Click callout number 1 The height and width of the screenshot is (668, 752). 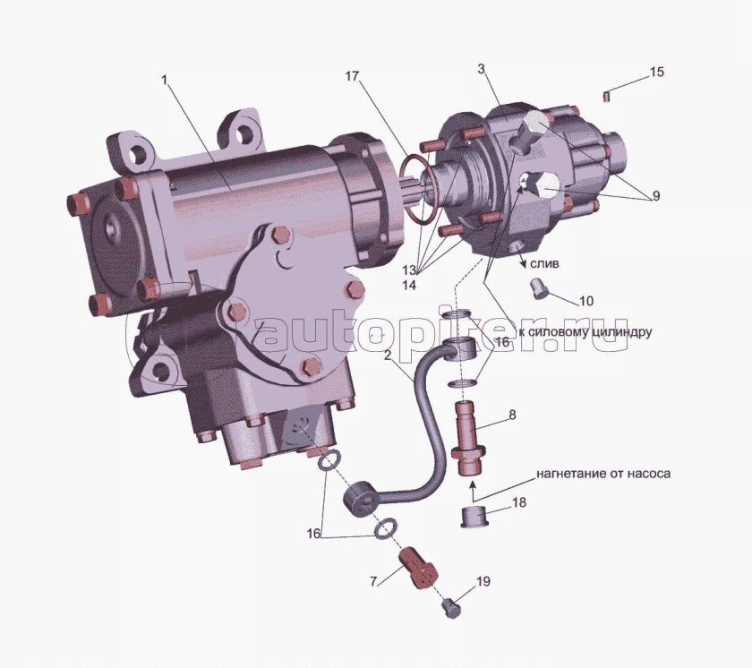click(x=165, y=80)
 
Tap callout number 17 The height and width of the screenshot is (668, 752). click(x=352, y=76)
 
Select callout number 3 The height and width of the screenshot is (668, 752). click(x=481, y=69)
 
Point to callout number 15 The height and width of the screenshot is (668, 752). click(x=657, y=72)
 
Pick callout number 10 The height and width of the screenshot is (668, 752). click(x=586, y=301)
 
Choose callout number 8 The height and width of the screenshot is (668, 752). click(x=512, y=415)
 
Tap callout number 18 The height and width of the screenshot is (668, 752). click(x=519, y=502)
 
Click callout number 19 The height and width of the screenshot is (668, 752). click(x=483, y=582)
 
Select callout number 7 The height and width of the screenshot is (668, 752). click(x=373, y=582)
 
